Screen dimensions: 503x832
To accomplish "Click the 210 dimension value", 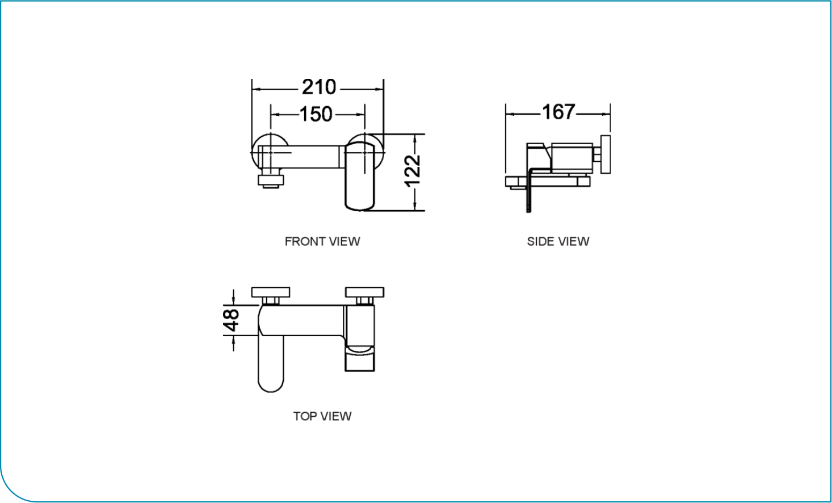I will click(x=319, y=87).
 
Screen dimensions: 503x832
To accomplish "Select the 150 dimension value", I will click(x=316, y=115).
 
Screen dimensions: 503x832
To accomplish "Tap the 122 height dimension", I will click(x=413, y=170).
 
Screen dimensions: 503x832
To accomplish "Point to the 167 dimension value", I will click(x=558, y=112).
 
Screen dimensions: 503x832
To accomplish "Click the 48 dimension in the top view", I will click(x=232, y=320).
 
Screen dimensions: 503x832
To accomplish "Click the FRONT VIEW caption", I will click(x=322, y=241).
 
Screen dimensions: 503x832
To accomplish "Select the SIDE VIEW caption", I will click(x=558, y=241).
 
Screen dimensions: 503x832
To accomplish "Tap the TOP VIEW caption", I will click(x=322, y=416).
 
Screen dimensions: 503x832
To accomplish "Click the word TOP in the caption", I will click(x=305, y=416).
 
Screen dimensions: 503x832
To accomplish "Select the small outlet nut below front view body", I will click(x=271, y=181).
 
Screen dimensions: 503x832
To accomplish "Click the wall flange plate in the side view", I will click(x=606, y=154).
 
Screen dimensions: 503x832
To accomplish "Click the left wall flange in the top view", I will click(x=271, y=292).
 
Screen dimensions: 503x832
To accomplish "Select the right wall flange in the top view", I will click(x=365, y=292).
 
